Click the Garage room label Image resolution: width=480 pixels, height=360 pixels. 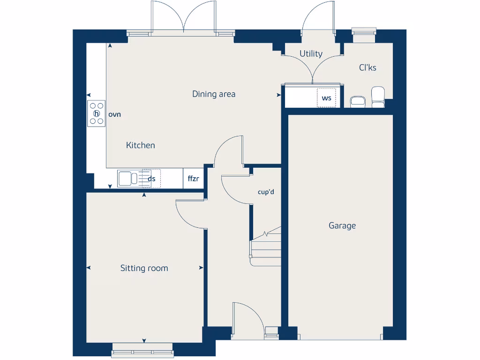coord(342,225)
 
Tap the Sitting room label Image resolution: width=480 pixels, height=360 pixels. coord(144,268)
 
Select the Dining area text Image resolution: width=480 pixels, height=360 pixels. coord(214,94)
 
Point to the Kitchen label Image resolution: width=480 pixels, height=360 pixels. coord(140,145)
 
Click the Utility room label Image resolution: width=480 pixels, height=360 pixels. coord(311,53)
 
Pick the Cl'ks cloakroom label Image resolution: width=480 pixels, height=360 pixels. coord(367,67)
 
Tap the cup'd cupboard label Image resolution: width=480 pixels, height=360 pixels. coord(266,192)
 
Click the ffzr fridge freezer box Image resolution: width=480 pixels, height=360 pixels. coord(193,179)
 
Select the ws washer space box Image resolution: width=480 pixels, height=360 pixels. coord(326,98)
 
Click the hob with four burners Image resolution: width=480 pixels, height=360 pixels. coord(97,114)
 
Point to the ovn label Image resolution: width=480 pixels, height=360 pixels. coord(115,114)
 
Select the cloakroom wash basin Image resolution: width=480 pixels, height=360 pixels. coord(358,101)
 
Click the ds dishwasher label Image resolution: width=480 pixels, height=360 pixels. coord(151,179)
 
